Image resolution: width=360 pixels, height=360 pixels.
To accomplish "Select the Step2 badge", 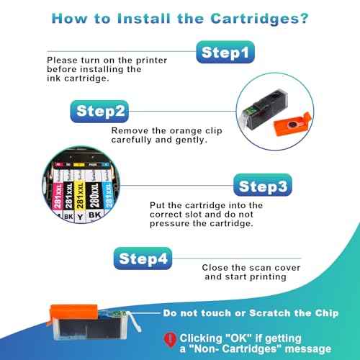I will pyautogui.click(x=101, y=110).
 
